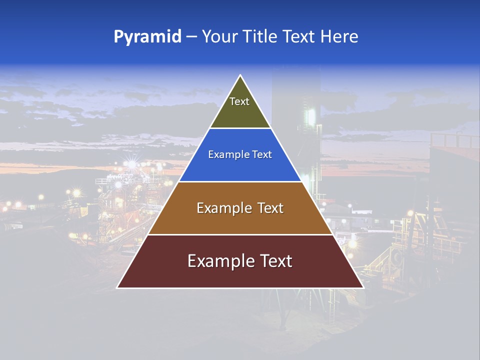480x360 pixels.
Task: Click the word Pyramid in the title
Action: coord(147,37)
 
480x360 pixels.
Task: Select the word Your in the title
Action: coord(220,37)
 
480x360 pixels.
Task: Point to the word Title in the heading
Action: coord(260,37)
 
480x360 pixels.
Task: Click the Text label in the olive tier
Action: coord(239,101)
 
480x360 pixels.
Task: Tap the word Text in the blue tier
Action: coord(262,154)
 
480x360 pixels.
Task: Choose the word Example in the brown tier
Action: coord(222,208)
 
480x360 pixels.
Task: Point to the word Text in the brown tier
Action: coord(270,208)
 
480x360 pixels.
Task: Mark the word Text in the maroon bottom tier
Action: coord(275,261)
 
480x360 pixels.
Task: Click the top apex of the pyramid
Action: coord(240,75)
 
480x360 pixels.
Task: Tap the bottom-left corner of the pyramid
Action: coord(117,287)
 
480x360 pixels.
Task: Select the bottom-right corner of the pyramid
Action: coord(363,287)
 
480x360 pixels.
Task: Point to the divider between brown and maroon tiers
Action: coord(240,234)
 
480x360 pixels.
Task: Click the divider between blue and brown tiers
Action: coord(240,181)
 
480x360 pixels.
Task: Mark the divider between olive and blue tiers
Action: coord(240,128)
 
